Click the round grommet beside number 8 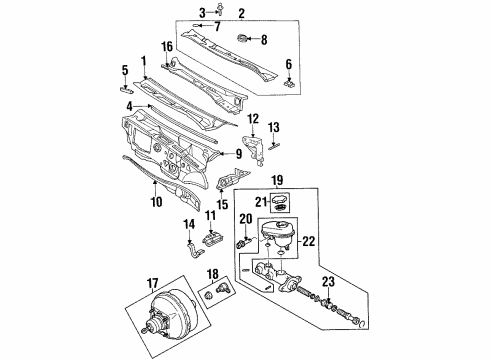[x=241, y=39]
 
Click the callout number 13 [x=276, y=126]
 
